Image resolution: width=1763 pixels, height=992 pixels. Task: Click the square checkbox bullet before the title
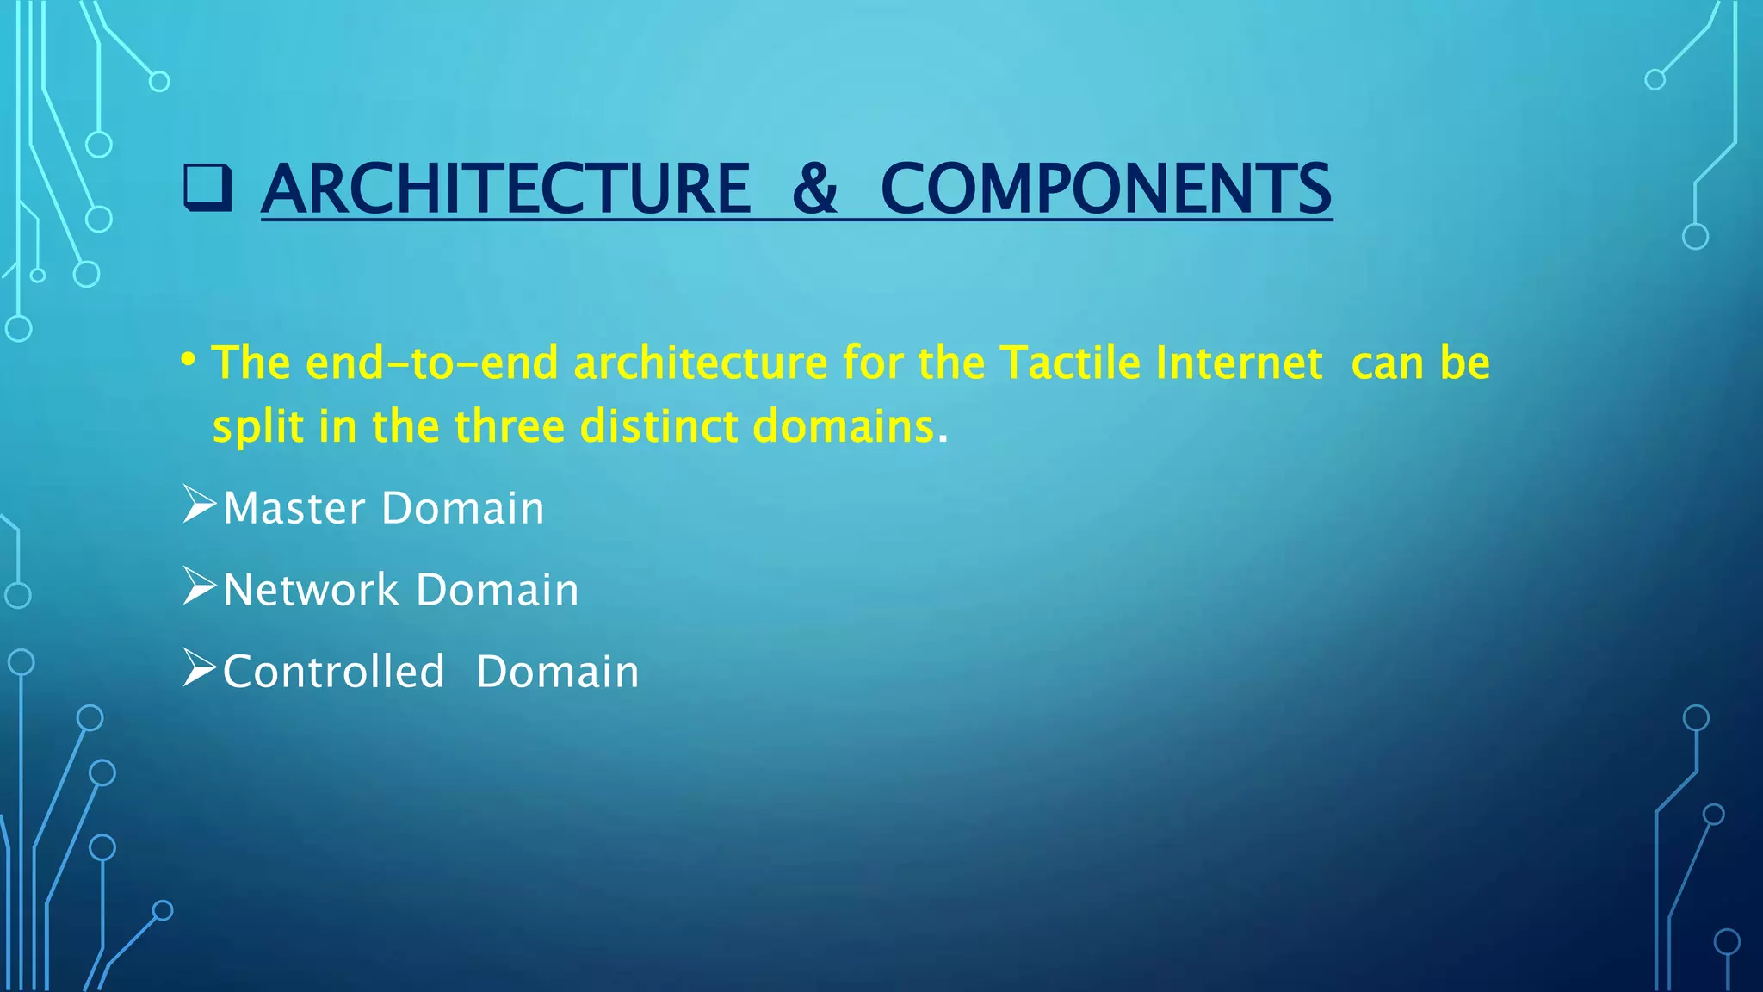(x=207, y=189)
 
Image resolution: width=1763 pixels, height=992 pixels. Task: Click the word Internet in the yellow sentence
(x=1239, y=363)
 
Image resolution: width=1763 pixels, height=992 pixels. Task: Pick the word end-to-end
(x=432, y=363)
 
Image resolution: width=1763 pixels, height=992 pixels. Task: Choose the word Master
(x=294, y=508)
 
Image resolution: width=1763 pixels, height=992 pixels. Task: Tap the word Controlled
(x=333, y=672)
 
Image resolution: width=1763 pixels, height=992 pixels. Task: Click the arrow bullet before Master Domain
(x=199, y=505)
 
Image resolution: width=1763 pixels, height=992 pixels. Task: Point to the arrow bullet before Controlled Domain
(x=199, y=668)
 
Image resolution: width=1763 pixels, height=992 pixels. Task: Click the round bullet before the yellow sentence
(x=189, y=358)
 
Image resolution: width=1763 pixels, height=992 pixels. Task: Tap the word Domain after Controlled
(x=557, y=672)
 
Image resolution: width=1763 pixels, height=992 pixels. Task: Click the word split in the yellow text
(x=257, y=426)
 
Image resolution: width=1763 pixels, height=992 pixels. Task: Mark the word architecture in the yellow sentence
(x=700, y=363)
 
